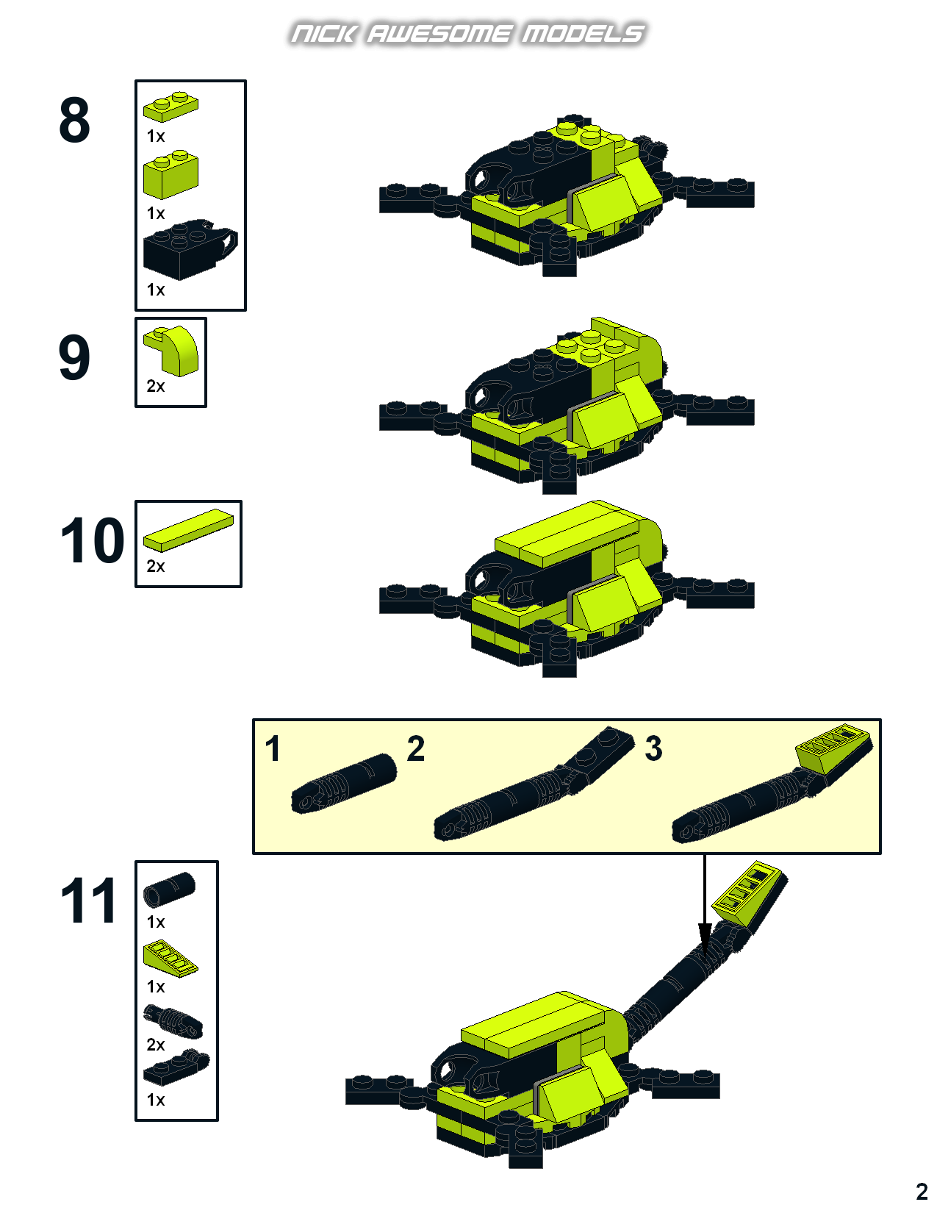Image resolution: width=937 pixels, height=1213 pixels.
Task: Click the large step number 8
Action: (74, 119)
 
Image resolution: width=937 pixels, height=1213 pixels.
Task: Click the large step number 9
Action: (74, 357)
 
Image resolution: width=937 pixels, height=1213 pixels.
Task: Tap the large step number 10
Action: (92, 540)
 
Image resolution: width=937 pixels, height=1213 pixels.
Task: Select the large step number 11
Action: (89, 900)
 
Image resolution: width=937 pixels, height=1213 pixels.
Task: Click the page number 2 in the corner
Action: (922, 1191)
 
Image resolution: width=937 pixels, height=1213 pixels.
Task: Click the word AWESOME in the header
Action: (439, 34)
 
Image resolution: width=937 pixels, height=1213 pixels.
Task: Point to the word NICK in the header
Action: (323, 34)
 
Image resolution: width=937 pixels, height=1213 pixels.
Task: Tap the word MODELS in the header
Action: (584, 34)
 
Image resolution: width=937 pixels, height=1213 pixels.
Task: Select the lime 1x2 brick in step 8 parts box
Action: (170, 174)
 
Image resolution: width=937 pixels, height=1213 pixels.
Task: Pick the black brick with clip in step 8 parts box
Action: (190, 249)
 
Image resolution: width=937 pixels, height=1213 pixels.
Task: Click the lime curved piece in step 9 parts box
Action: (171, 351)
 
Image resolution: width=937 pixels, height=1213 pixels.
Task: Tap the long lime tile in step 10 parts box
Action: (189, 530)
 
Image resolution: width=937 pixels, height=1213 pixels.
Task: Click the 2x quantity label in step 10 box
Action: (156, 566)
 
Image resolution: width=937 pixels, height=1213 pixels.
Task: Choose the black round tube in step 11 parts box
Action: (170, 890)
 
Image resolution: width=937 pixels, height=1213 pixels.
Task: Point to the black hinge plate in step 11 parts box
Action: (176, 1067)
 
